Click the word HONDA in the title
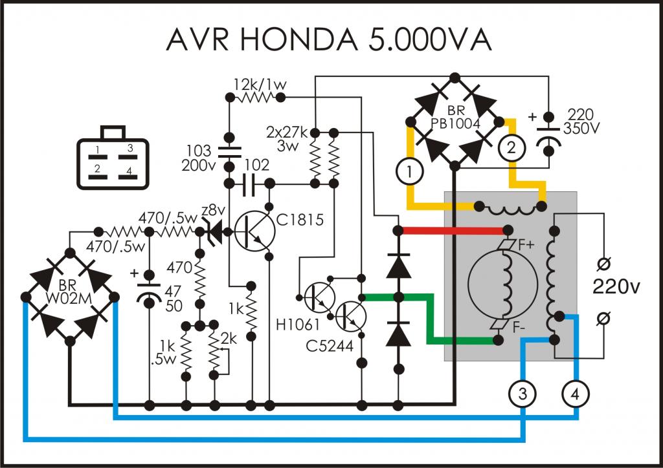click(x=299, y=39)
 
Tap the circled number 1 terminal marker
click(x=409, y=172)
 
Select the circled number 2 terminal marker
click(x=511, y=147)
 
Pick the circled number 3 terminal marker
click(x=523, y=394)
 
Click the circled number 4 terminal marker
click(x=575, y=394)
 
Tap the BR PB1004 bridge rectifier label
click(x=455, y=117)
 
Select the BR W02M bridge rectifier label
click(x=69, y=292)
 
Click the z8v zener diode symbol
click(x=216, y=231)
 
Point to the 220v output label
click(x=616, y=287)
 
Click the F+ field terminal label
click(x=526, y=244)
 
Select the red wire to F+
click(x=453, y=230)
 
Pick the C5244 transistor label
click(x=330, y=346)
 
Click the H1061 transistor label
click(x=298, y=324)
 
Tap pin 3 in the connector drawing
click(x=130, y=148)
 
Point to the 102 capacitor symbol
click(x=249, y=184)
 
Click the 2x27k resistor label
click(x=287, y=132)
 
